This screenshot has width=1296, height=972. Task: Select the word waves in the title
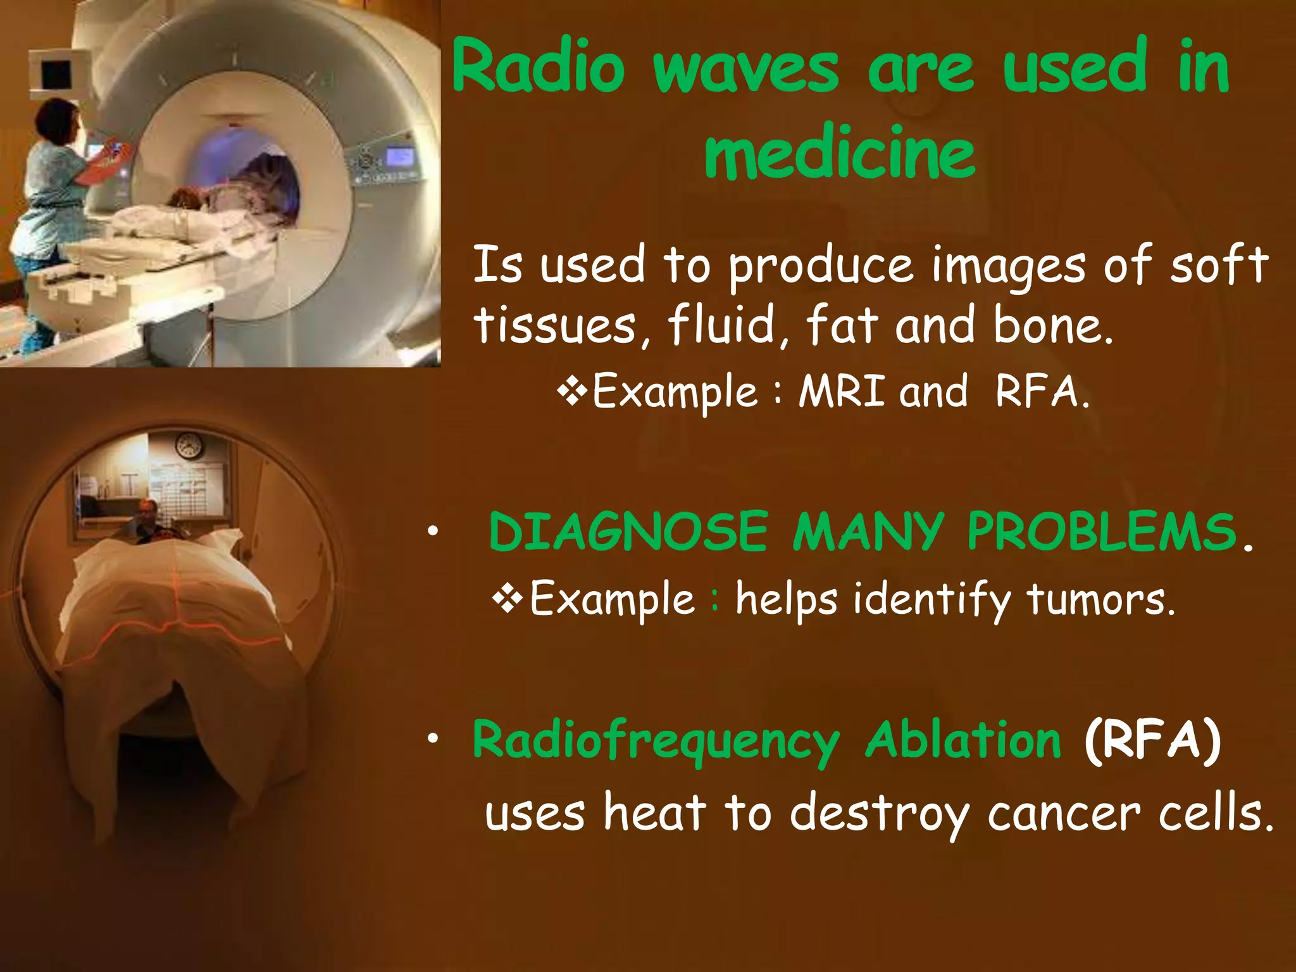tap(746, 70)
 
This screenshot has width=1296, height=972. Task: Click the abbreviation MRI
tap(841, 391)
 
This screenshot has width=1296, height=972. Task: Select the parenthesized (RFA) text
tap(1152, 740)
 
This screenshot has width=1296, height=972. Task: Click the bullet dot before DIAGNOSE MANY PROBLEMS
tap(432, 532)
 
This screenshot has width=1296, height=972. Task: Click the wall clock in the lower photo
tap(188, 447)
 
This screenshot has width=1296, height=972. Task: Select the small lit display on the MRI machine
tap(399, 156)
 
